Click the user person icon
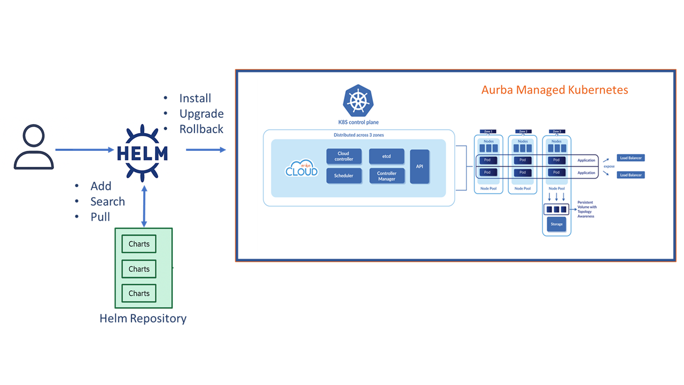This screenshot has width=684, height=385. (34, 147)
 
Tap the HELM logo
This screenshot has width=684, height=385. (142, 152)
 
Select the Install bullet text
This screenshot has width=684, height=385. (195, 98)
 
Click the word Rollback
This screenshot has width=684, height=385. (201, 129)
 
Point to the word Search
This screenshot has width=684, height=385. (107, 202)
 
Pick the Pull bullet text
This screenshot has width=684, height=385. (100, 217)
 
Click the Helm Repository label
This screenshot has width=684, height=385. (143, 319)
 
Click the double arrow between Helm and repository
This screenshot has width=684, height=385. (143, 206)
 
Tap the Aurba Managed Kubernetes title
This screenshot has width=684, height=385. (555, 90)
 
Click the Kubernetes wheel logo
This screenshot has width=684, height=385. (358, 101)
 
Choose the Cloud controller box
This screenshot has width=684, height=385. (343, 156)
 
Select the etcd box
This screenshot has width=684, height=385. (386, 156)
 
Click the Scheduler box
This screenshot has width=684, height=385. (343, 176)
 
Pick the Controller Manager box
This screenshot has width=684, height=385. (386, 176)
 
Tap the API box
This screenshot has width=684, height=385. (419, 166)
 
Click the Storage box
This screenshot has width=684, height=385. (556, 224)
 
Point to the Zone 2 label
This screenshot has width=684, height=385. (523, 132)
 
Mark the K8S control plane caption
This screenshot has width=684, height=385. (358, 122)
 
